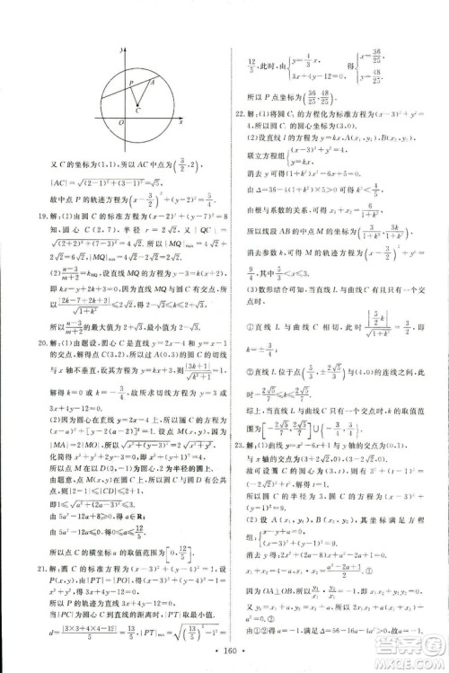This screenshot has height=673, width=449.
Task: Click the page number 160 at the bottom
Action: [x=224, y=649]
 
